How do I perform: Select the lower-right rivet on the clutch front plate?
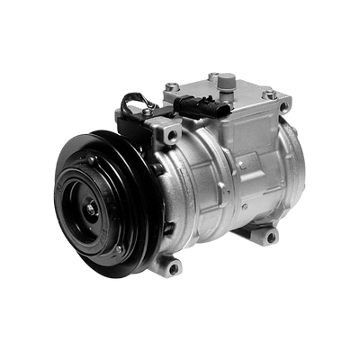coord(119,247)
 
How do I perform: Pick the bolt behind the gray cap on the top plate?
coord(212,76)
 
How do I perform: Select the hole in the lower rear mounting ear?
coord(270,238)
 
